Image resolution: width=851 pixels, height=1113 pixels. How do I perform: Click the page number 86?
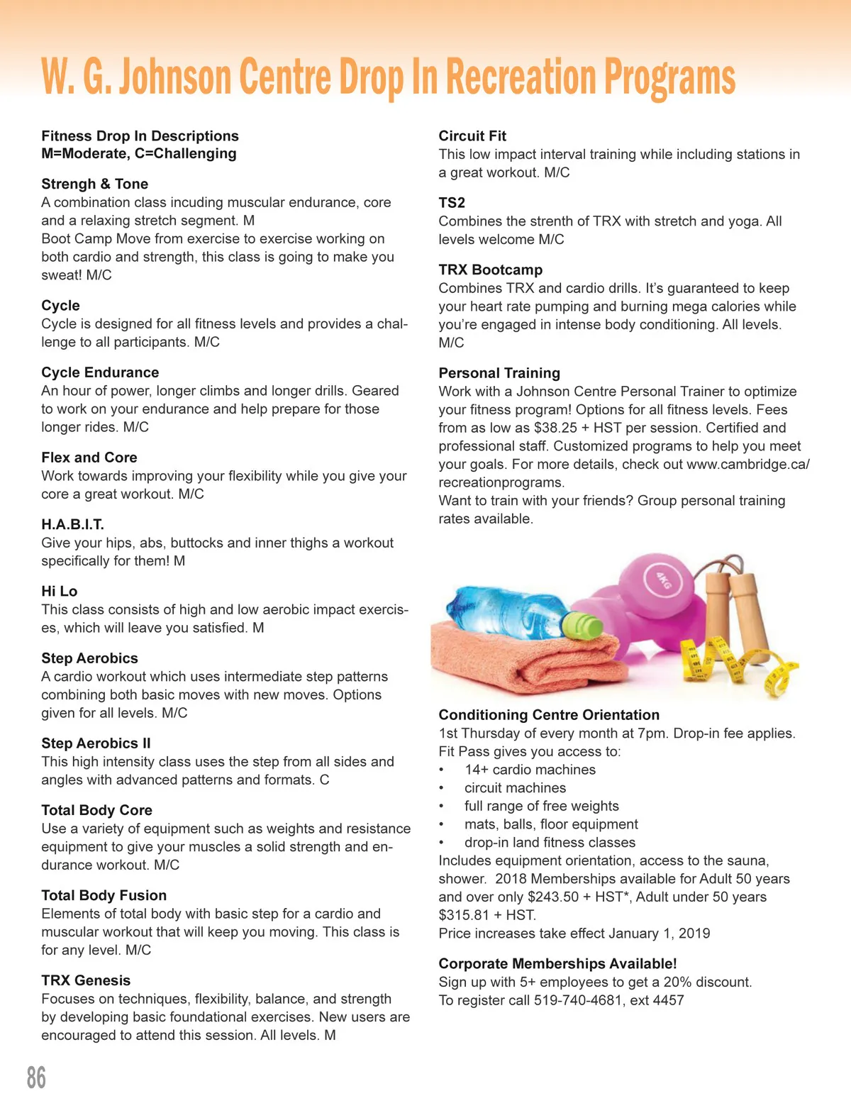click(36, 1078)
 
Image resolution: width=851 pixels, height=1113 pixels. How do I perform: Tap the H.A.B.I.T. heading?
click(72, 524)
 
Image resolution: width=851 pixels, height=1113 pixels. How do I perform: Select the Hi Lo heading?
click(59, 591)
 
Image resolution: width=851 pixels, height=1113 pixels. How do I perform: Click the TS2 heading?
click(452, 202)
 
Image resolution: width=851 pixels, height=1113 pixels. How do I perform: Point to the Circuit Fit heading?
click(472, 135)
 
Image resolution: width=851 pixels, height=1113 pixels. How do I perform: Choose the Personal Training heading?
click(499, 372)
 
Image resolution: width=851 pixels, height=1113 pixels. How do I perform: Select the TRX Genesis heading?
click(86, 980)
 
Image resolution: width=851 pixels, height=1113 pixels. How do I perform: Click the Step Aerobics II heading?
click(96, 743)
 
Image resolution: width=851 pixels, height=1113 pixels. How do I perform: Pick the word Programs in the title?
click(669, 78)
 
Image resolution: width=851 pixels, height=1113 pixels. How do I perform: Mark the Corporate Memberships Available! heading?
click(557, 963)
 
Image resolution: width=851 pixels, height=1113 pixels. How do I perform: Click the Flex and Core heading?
click(89, 458)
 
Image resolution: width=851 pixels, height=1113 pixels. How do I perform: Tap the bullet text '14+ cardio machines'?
click(530, 770)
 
